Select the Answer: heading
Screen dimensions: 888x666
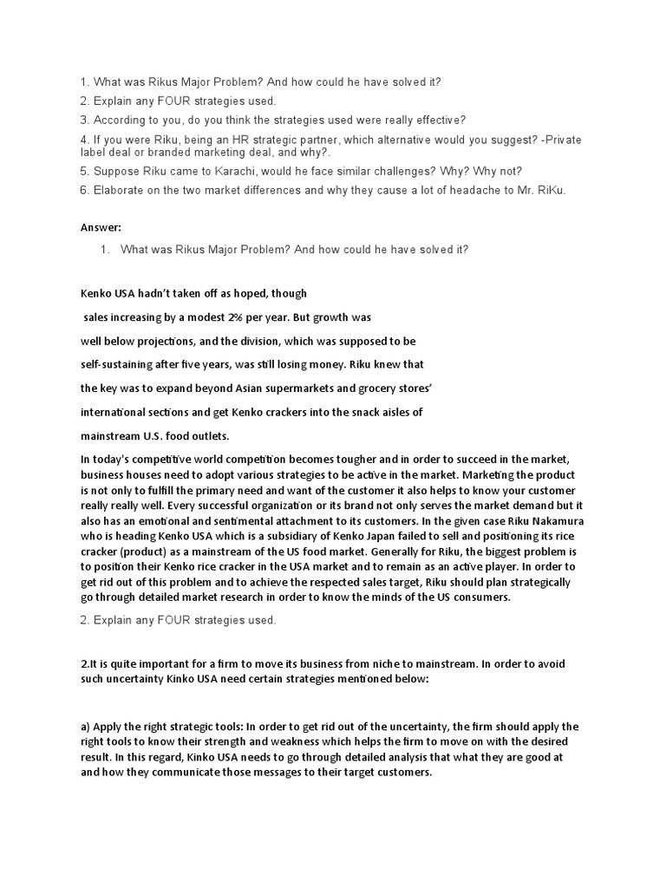click(101, 227)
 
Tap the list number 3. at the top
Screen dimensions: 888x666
click(85, 120)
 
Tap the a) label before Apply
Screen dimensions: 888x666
click(87, 727)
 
